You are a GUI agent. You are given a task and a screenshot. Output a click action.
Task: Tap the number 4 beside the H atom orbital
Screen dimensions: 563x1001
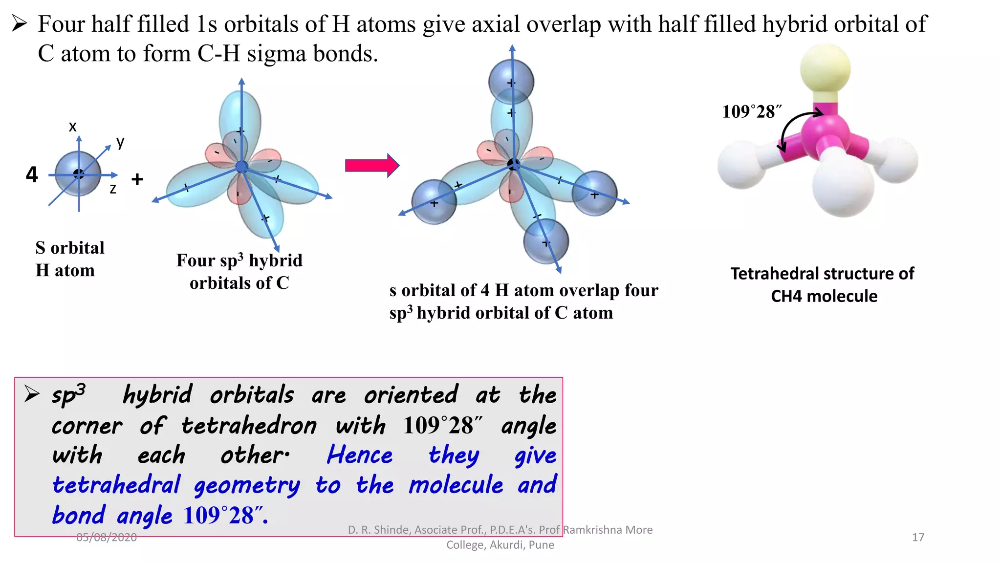pyautogui.click(x=32, y=174)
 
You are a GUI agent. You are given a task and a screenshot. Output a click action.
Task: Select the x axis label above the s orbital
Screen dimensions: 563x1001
pyautogui.click(x=73, y=127)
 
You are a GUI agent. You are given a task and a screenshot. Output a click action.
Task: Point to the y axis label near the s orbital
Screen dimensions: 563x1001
pyautogui.click(x=120, y=142)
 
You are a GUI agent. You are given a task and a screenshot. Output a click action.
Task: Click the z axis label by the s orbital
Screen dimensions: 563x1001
pyautogui.click(x=113, y=189)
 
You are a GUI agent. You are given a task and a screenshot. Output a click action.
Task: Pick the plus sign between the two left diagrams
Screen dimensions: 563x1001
pyautogui.click(x=137, y=179)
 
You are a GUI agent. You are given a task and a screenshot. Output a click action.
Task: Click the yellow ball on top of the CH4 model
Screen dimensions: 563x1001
pyautogui.click(x=825, y=68)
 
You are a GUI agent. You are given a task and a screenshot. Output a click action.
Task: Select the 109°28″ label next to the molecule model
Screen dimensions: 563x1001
pyautogui.click(x=752, y=112)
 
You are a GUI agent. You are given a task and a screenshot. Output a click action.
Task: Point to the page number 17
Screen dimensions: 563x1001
pyautogui.click(x=918, y=538)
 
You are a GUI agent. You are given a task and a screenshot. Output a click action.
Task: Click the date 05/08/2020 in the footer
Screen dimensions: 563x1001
pyautogui.click(x=107, y=538)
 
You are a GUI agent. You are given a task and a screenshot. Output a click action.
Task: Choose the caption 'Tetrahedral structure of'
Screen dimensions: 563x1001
pyautogui.click(x=822, y=274)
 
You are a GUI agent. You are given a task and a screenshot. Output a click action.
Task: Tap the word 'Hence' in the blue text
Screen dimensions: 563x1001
pyautogui.click(x=360, y=455)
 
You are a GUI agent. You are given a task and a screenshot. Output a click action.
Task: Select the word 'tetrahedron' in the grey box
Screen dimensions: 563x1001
pyautogui.click(x=249, y=426)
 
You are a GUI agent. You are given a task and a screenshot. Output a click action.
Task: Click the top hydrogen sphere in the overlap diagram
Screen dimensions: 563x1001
pyautogui.click(x=511, y=82)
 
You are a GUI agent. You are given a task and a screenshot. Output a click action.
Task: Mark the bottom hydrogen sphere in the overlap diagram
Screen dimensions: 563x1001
pyautogui.click(x=546, y=241)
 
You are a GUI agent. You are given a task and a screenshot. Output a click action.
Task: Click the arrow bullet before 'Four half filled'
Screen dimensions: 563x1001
pyautogui.click(x=19, y=23)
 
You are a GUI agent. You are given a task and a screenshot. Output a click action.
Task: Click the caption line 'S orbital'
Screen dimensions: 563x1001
pyautogui.click(x=70, y=248)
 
